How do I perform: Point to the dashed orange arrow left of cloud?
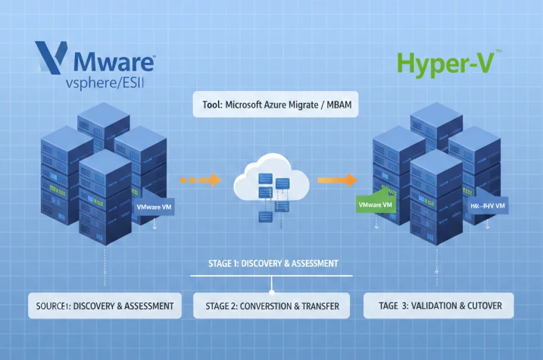point(199,180)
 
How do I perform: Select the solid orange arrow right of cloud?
point(336,180)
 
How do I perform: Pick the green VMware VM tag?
point(374,205)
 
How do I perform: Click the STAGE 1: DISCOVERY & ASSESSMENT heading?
point(273,264)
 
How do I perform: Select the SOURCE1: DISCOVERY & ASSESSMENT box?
point(105,307)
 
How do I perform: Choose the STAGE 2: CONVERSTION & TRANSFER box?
point(271,307)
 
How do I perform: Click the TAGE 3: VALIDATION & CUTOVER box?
point(438,307)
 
